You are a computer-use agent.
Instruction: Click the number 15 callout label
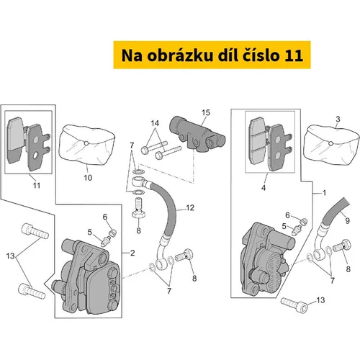point(206,112)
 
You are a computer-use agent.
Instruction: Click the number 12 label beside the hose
point(190,207)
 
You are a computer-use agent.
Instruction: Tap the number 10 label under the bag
point(88,178)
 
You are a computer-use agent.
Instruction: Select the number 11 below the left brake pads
point(37,185)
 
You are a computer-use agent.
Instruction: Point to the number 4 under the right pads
point(264,188)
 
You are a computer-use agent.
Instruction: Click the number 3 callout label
point(338,119)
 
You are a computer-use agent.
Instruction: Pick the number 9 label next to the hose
point(347,220)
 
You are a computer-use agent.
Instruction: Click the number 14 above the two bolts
point(155,123)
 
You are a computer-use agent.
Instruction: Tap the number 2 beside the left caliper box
point(132,253)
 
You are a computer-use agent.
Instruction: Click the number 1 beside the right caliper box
point(324,193)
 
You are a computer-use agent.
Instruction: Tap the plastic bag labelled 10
point(87,145)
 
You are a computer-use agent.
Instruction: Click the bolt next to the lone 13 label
point(294,305)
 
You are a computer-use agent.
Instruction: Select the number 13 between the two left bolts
point(11,256)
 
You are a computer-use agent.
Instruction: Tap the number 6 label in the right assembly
point(287,215)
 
